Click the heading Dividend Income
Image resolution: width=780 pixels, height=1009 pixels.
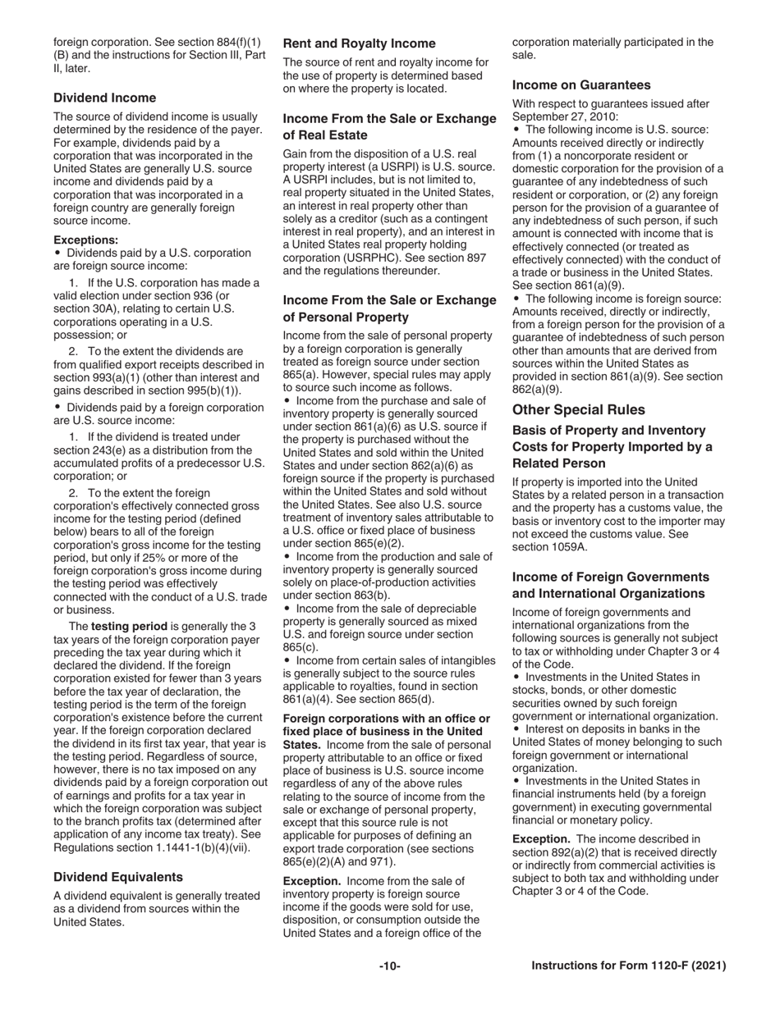[x=104, y=98]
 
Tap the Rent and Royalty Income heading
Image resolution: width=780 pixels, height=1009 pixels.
[x=359, y=43]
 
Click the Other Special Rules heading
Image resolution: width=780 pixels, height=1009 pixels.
[x=579, y=409]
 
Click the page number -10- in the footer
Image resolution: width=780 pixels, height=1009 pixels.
[x=390, y=966]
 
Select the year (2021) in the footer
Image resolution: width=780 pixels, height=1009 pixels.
[x=709, y=966]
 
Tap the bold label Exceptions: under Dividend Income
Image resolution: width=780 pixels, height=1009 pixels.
[x=86, y=240]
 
